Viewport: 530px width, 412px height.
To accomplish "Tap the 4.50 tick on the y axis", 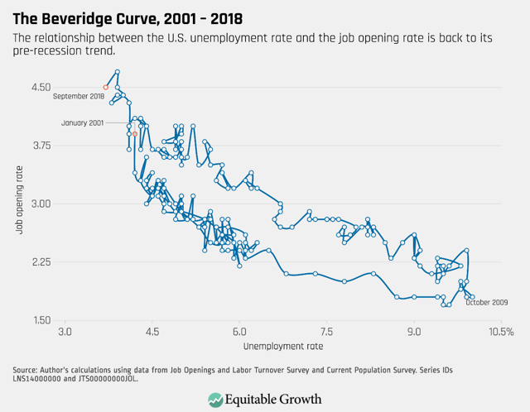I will click(40, 88).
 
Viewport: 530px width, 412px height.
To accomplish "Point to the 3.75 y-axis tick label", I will click(40, 146).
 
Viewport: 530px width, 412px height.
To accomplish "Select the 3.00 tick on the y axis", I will click(40, 204).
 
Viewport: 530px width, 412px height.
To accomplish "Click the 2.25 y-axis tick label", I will click(40, 262).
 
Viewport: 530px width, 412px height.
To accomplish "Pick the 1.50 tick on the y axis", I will click(40, 320).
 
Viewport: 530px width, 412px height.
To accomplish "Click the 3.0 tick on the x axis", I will click(65, 332).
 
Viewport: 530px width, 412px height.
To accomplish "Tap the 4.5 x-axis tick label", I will click(152, 332).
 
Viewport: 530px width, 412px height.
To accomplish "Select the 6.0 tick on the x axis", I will click(238, 332).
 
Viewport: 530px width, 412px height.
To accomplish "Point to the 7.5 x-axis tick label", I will click(325, 332).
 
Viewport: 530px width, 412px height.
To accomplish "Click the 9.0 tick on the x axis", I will click(412, 332).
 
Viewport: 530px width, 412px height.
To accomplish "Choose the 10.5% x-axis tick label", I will click(500, 332).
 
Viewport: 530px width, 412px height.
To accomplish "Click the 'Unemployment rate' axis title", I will click(282, 346).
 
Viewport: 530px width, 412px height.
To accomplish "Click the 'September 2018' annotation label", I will click(79, 97).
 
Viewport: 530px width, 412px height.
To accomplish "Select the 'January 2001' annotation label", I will click(83, 122).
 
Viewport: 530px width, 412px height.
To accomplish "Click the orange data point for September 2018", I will click(105, 87).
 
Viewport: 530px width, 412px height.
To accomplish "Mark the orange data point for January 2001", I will click(135, 134).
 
